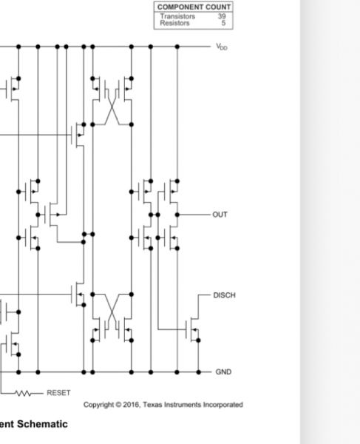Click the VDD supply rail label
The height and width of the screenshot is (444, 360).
222,47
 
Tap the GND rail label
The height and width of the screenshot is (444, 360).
223,371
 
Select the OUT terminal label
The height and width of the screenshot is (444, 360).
220,215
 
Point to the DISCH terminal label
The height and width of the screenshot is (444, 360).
224,295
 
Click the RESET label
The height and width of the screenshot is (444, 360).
58,393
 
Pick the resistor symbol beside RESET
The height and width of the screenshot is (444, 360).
23,394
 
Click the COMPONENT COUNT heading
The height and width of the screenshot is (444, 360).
194,7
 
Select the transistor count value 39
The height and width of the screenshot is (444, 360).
222,16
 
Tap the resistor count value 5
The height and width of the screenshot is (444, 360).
224,23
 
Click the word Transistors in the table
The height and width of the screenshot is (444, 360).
177,16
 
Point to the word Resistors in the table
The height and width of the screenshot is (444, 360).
174,23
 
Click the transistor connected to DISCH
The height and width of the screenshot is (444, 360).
192,329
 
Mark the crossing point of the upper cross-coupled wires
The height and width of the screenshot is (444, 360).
112,107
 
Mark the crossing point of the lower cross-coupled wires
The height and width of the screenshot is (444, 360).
112,312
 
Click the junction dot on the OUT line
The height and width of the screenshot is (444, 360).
177,215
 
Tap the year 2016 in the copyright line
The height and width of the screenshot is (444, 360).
132,405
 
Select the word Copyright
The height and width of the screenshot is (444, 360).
98,405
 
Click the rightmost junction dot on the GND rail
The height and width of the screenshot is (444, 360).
199,372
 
